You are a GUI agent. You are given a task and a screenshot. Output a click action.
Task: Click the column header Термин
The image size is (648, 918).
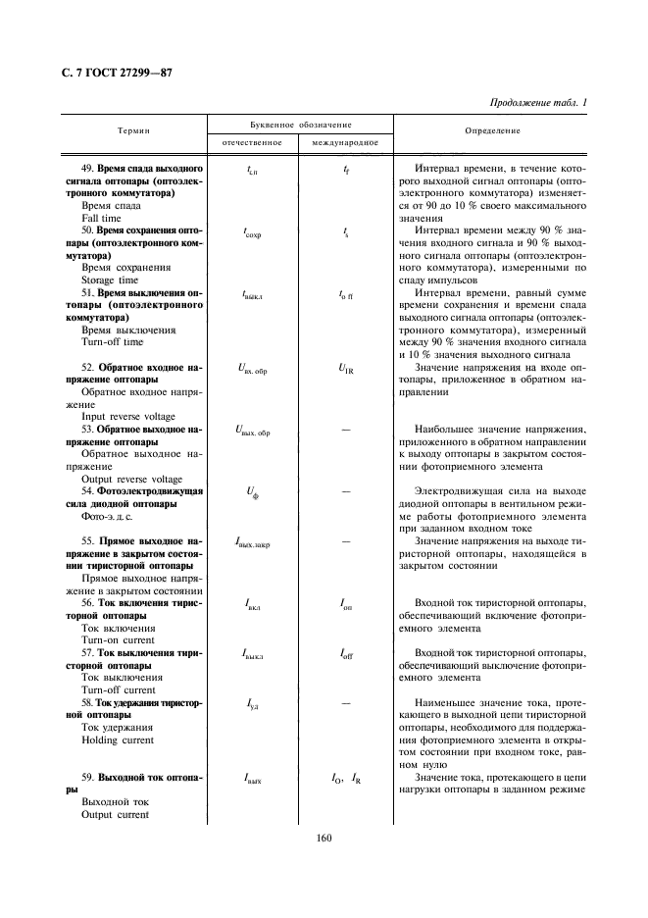click(x=132, y=130)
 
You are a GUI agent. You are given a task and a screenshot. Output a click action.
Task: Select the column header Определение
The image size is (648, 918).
click(x=493, y=130)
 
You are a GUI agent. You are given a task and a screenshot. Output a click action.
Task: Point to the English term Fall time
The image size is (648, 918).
click(x=103, y=219)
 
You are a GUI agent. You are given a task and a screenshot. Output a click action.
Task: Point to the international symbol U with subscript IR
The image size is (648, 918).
click(x=347, y=368)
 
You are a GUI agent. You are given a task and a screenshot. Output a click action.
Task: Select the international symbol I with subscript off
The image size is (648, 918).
click(x=347, y=652)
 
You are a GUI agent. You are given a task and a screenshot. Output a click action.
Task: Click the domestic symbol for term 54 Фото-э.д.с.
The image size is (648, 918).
click(x=250, y=493)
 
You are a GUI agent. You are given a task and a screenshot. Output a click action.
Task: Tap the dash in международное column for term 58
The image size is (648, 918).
click(x=347, y=703)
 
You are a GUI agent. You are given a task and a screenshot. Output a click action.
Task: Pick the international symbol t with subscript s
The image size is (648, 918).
click(x=346, y=232)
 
